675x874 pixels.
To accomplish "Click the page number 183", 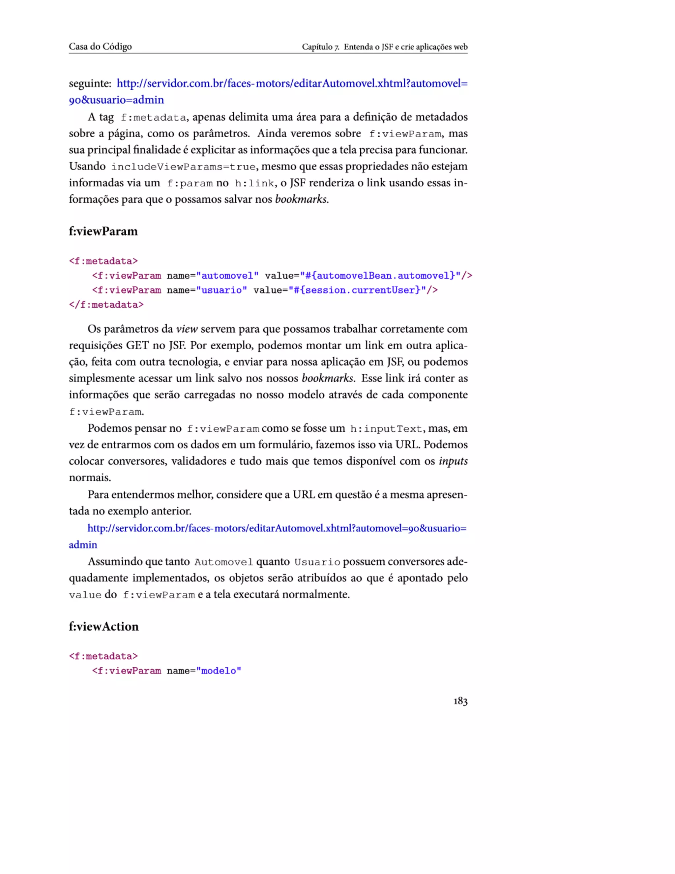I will click(460, 701).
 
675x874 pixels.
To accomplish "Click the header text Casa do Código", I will click(100, 47).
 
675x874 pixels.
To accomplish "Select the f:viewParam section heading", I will click(103, 231).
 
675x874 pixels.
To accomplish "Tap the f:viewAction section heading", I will click(103, 626).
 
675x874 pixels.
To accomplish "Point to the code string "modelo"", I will click(219, 671).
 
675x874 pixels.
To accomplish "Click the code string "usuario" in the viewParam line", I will click(221, 290).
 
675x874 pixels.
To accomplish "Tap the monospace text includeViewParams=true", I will click(183, 167).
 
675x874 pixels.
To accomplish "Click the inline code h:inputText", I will click(386, 429).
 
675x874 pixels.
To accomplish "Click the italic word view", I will click(187, 329).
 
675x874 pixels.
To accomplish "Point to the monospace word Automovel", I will click(223, 562).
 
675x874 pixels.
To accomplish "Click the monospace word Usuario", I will click(317, 562).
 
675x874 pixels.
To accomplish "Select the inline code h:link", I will click(254, 183).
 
